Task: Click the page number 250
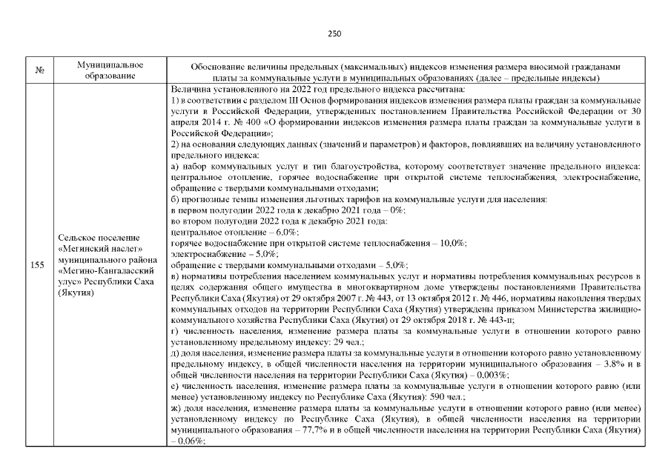pyautogui.click(x=334, y=33)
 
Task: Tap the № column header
pyautogui.click(x=38, y=71)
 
